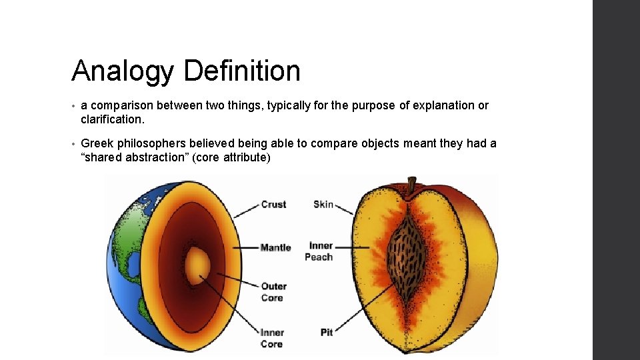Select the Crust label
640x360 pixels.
tap(273, 205)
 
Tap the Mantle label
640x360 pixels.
tap(275, 247)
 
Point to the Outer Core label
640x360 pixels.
tap(273, 292)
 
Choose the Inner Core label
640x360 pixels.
tap(272, 338)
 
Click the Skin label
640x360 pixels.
tap(323, 204)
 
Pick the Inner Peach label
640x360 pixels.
tap(319, 251)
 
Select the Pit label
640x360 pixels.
tap(326, 331)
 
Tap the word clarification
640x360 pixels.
tap(112, 121)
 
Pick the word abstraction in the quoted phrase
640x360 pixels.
tap(155, 159)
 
